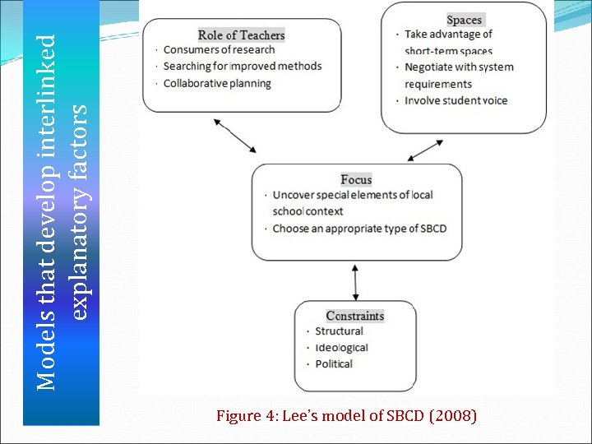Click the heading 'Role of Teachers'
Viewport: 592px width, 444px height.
(241, 35)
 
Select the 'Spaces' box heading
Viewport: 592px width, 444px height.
(465, 20)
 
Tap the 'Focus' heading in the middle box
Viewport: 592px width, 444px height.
(356, 180)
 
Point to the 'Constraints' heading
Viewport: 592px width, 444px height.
(354, 316)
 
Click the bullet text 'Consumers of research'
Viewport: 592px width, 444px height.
(219, 50)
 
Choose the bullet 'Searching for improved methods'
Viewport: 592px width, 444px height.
(243, 67)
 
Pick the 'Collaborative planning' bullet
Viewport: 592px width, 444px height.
(217, 84)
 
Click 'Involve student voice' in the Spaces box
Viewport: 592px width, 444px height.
(456, 101)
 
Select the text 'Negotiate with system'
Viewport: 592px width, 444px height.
(459, 67)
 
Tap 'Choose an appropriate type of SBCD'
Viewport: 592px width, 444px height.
(359, 229)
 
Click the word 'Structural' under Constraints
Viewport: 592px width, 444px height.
(339, 331)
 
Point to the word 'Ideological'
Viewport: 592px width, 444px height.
(341, 348)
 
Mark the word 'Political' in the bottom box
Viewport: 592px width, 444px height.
(334, 364)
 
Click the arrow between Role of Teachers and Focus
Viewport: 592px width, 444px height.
(235, 136)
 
